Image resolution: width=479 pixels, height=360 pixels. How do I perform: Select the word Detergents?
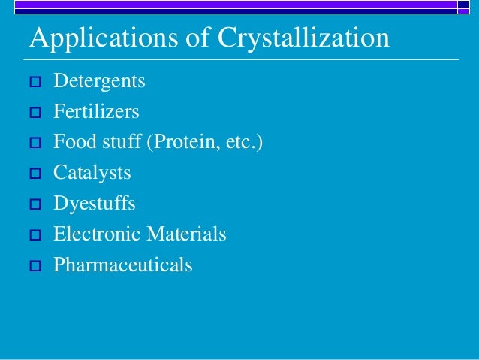click(x=99, y=80)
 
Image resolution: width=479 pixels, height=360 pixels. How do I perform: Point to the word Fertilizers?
click(x=96, y=111)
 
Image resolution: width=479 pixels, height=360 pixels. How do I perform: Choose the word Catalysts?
click(x=92, y=173)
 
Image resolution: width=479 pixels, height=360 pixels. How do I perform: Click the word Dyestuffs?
click(x=94, y=204)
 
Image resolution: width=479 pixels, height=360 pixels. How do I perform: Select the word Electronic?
click(x=97, y=234)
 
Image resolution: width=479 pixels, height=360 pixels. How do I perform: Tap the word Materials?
click(x=186, y=234)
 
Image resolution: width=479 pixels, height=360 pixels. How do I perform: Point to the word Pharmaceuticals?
click(x=122, y=265)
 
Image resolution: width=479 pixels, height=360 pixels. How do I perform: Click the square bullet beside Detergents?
click(x=34, y=82)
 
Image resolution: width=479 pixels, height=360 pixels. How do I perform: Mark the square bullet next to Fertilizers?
click(x=34, y=113)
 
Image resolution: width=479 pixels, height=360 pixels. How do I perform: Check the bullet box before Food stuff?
click(x=34, y=143)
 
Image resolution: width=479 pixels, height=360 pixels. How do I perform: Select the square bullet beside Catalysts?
click(x=34, y=174)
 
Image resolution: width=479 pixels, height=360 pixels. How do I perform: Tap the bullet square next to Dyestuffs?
click(x=34, y=204)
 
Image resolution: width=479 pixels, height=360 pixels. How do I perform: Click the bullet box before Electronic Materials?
click(x=34, y=235)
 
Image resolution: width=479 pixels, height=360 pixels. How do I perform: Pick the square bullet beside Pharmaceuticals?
click(x=34, y=265)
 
